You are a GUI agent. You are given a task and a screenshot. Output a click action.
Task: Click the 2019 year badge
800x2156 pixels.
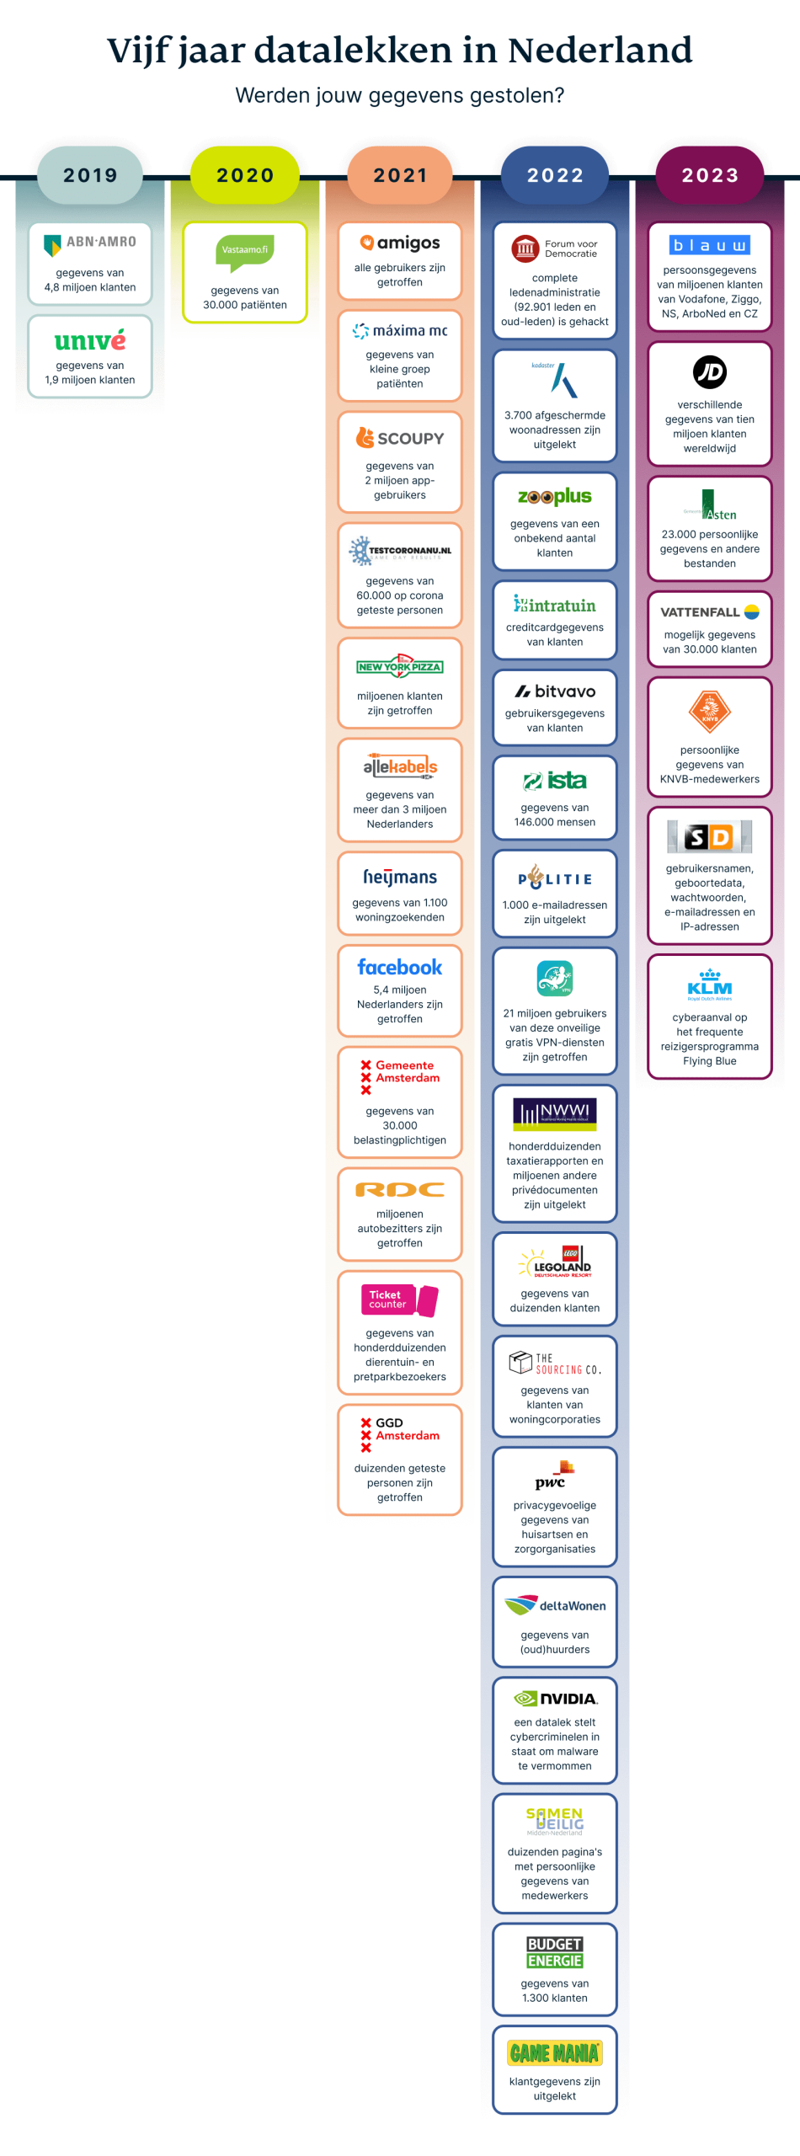(90, 175)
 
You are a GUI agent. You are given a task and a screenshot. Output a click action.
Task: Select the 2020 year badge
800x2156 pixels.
(245, 175)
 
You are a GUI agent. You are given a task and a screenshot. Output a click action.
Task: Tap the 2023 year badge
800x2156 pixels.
(710, 175)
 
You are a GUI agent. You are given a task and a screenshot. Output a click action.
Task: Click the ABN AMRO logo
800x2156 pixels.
(90, 243)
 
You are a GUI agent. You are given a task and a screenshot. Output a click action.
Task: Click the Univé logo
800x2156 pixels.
(90, 340)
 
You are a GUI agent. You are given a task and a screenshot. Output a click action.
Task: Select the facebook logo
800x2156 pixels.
(400, 967)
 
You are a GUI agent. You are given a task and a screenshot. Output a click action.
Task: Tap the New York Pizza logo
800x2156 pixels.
(400, 666)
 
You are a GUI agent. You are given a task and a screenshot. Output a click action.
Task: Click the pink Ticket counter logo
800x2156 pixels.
(400, 1300)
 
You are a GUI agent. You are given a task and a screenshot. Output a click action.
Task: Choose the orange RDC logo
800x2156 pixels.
(400, 1190)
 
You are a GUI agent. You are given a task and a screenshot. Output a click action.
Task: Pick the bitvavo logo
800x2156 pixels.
(555, 691)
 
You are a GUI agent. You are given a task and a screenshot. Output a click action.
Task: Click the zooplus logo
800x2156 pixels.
(555, 497)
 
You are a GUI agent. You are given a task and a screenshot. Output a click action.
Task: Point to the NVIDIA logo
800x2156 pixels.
(555, 1699)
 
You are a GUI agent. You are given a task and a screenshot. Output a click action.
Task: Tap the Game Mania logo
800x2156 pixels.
(555, 2053)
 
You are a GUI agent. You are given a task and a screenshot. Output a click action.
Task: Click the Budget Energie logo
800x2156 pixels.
(555, 1952)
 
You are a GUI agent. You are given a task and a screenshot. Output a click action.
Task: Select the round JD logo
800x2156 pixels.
(710, 372)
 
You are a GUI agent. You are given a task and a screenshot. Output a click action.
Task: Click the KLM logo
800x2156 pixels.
(710, 985)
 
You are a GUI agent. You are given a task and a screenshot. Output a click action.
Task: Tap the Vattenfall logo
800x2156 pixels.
(710, 612)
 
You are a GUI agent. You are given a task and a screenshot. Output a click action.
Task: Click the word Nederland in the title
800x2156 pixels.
(600, 51)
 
